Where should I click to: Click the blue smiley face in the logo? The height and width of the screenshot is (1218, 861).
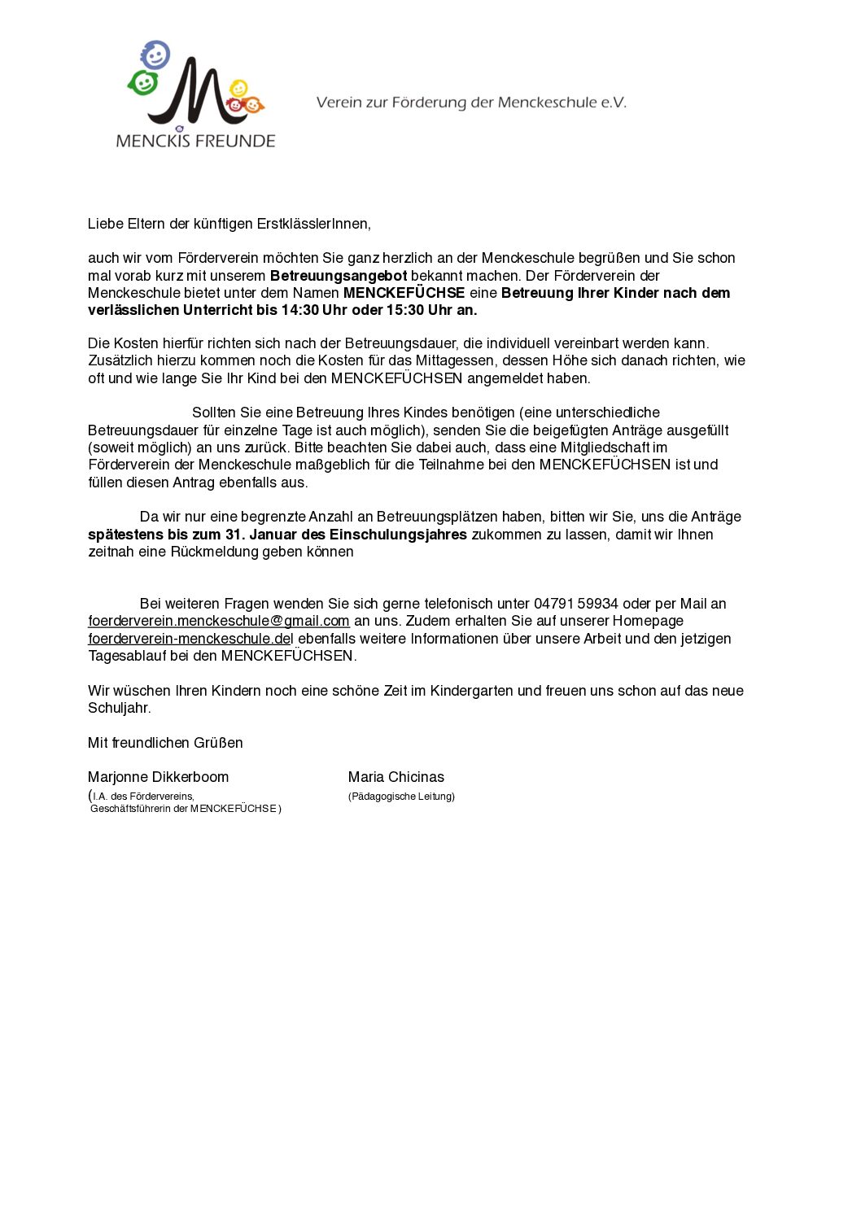(x=155, y=55)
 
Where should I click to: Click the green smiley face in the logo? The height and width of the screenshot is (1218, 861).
(x=143, y=82)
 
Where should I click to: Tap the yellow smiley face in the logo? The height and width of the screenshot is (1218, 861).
(x=238, y=87)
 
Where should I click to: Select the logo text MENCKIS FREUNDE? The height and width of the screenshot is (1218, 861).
(x=195, y=141)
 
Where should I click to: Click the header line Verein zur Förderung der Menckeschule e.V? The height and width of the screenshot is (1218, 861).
(x=471, y=103)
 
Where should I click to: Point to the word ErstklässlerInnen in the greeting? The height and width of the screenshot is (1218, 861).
(x=313, y=224)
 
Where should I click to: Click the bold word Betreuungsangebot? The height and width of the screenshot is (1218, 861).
(x=339, y=276)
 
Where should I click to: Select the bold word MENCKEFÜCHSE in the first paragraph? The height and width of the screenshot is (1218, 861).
(x=404, y=293)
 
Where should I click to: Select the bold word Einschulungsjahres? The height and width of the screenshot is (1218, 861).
(x=398, y=535)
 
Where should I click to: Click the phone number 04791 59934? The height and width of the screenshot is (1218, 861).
(x=575, y=604)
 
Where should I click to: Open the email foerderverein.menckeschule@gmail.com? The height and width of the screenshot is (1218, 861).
(x=219, y=621)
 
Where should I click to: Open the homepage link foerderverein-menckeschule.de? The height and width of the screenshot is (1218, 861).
(x=190, y=639)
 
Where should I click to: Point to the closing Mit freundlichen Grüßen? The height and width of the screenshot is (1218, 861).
(x=165, y=743)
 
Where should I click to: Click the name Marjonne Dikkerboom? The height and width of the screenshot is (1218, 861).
(x=158, y=777)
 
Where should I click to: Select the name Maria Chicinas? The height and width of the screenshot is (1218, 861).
(x=396, y=777)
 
